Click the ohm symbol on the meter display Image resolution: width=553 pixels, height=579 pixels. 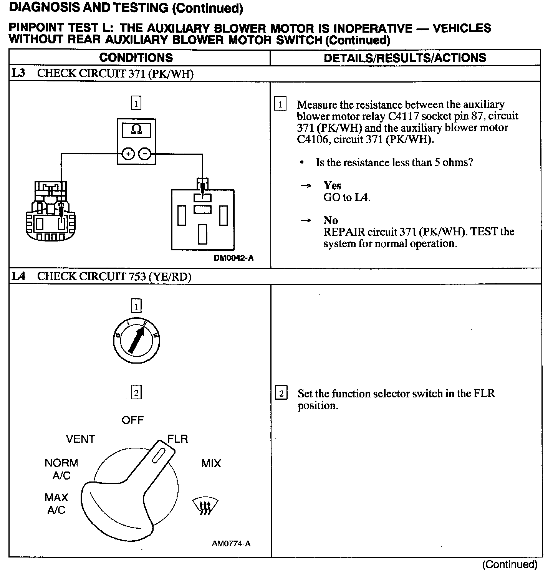(136, 130)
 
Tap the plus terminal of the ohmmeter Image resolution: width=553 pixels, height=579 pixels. (128, 154)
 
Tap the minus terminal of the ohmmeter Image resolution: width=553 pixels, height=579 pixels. (144, 154)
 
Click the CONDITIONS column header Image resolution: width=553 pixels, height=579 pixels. (136, 58)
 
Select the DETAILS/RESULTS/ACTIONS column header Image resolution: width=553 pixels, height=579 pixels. (405, 58)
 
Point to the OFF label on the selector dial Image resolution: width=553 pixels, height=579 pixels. (132, 420)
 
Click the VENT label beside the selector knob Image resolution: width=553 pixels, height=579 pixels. (80, 439)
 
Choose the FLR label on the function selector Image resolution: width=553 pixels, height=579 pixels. (178, 439)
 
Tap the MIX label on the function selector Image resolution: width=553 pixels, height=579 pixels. (211, 463)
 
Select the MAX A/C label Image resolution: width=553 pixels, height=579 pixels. (56, 504)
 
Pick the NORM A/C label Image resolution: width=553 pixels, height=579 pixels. (61, 469)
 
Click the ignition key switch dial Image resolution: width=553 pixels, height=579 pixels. (137, 341)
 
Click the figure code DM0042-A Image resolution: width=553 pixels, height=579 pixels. (233, 258)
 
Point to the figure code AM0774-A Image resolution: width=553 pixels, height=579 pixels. (231, 543)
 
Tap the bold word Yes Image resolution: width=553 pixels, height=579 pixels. (332, 186)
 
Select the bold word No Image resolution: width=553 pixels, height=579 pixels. (330, 220)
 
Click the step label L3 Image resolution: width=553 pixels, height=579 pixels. (18, 73)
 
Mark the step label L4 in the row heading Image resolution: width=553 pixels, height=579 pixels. (18, 276)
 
